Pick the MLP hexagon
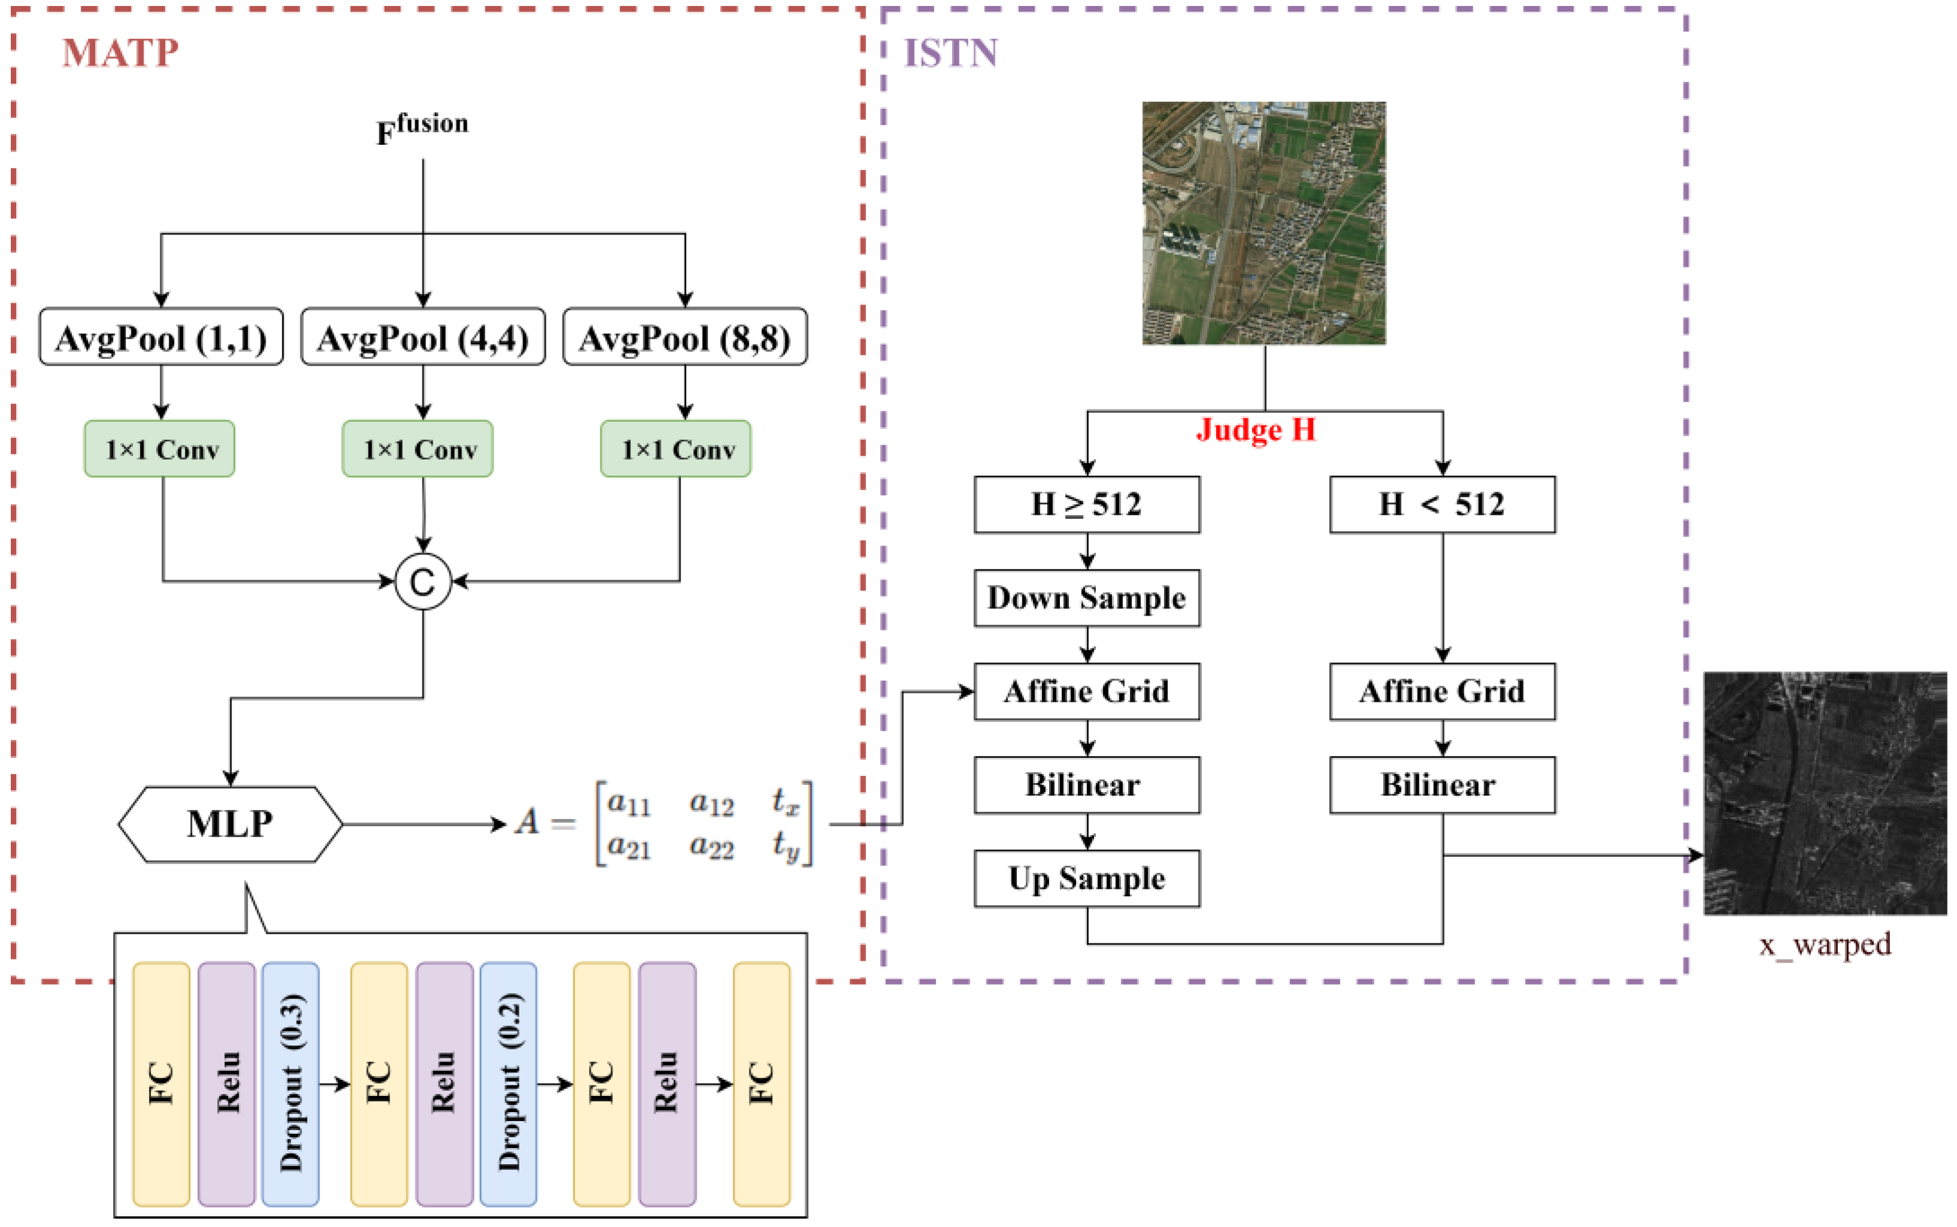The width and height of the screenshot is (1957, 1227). click(230, 824)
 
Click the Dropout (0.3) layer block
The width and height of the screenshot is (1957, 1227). click(291, 1084)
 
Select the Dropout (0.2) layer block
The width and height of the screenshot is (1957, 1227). click(508, 1084)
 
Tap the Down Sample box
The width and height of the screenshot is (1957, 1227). click(1087, 598)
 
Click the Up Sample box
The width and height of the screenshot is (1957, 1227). click(1087, 879)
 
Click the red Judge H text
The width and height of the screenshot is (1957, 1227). click(1256, 430)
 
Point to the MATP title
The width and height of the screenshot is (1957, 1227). click(120, 54)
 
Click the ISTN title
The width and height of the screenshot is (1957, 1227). click(950, 54)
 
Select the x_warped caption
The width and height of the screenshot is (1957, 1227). click(1825, 945)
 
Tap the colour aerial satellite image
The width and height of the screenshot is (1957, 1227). click(1264, 223)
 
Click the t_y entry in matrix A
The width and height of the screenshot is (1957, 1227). click(785, 847)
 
